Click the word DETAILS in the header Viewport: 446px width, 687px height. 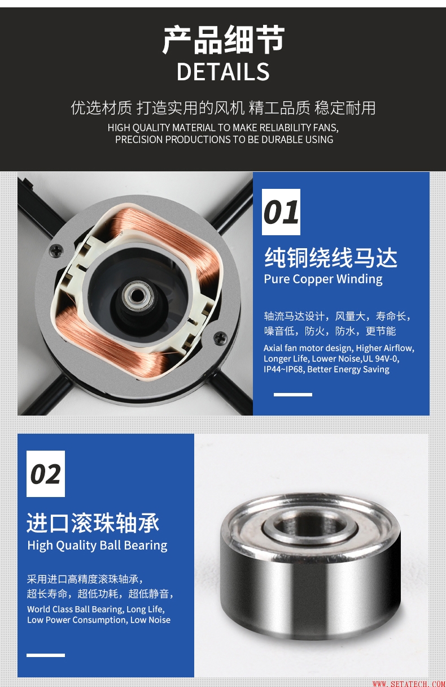[223, 71]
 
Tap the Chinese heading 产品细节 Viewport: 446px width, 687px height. [224, 40]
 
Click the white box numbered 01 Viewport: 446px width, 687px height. [281, 212]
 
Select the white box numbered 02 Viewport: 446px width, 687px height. [46, 474]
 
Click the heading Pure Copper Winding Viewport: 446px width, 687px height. [323, 279]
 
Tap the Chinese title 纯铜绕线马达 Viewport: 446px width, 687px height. [331, 258]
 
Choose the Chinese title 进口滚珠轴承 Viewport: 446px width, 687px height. [93, 522]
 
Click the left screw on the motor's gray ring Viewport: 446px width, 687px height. [56, 250]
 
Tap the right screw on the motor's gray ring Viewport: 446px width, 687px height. [220, 338]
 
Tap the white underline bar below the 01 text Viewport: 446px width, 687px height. [293, 395]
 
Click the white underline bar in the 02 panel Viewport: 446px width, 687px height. [46, 655]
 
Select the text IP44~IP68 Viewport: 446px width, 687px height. [283, 369]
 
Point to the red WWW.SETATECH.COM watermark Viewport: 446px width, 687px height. [409, 684]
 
